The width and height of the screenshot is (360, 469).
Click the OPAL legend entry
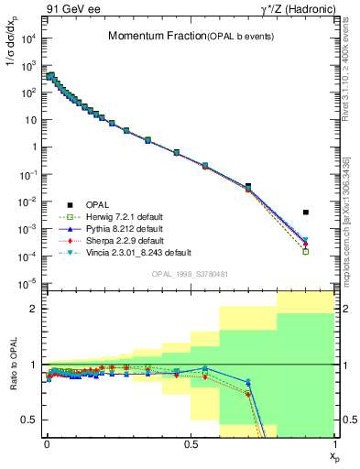[x=96, y=203]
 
